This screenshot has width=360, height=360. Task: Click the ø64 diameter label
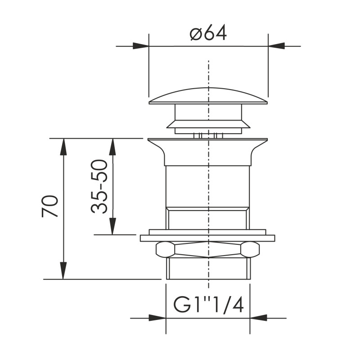[x=208, y=33]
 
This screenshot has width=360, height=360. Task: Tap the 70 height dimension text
[x=49, y=206]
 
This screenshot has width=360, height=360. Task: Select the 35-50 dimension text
[x=99, y=186]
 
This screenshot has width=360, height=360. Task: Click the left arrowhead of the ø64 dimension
[x=141, y=46]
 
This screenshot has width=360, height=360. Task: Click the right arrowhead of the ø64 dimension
[x=276, y=46]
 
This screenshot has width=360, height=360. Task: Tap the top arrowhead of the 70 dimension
[x=63, y=147]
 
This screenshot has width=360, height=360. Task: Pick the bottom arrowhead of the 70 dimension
[x=63, y=271]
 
